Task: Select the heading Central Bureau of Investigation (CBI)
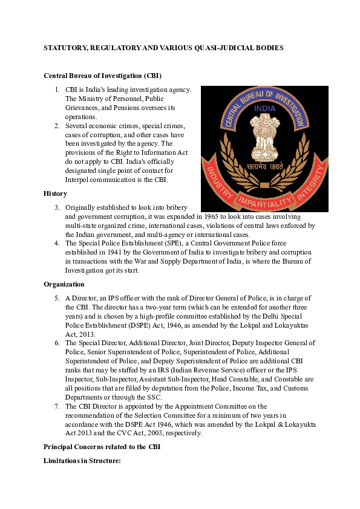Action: [102, 76]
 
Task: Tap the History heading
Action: [56, 193]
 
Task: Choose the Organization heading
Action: [64, 284]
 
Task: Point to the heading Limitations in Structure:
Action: [82, 461]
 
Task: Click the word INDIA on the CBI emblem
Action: [264, 109]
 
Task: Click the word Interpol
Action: [79, 180]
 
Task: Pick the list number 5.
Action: [56, 298]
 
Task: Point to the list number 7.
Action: [56, 406]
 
